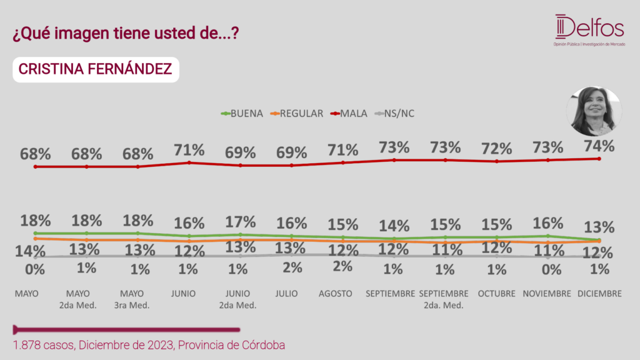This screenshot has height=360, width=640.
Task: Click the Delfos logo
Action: coord(589,30)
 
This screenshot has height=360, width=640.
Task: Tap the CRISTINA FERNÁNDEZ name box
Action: coord(96,69)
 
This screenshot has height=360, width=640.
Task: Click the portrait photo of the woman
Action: coord(594,111)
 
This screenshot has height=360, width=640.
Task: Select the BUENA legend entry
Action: coord(242,114)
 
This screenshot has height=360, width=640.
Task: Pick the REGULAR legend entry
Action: coord(297,114)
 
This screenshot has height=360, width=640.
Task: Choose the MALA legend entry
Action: coord(349,114)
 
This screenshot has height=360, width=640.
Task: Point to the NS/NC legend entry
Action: coord(395,114)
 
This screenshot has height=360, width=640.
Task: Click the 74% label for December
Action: coord(599,146)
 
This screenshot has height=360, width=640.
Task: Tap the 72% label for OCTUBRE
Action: coord(496,149)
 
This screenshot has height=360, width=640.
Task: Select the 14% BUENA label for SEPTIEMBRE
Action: coord(394,226)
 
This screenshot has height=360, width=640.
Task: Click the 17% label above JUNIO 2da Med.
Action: coord(241,222)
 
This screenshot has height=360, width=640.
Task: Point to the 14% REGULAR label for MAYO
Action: coord(30,251)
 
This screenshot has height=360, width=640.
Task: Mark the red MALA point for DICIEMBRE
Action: coord(599,159)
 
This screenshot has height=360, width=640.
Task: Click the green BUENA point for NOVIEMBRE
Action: coord(547,236)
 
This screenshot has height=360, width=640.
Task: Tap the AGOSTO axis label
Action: coord(336,294)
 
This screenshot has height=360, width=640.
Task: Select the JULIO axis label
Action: coord(286,294)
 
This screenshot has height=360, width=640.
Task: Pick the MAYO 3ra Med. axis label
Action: coord(132,299)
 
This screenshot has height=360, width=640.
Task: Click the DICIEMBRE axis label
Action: coord(599,294)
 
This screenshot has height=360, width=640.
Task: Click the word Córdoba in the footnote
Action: coord(263,345)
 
